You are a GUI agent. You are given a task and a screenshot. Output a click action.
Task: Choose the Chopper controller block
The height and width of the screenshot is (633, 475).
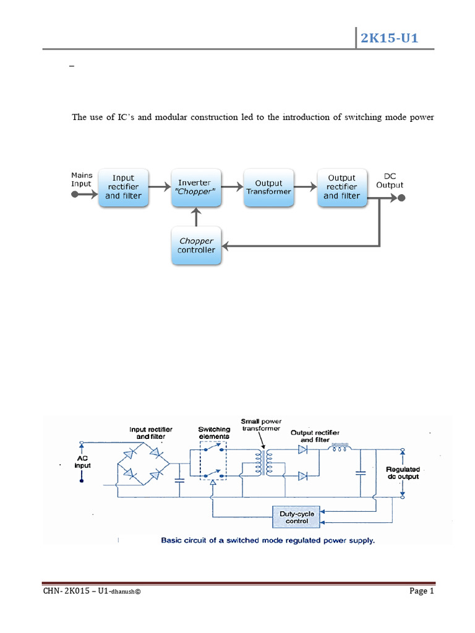point(196,245)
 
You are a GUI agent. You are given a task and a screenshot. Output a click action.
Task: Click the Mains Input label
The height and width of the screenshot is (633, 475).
point(82,179)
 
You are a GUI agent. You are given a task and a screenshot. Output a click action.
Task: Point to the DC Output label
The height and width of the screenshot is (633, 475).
point(390,181)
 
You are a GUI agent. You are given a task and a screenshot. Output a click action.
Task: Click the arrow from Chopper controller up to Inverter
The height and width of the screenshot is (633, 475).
point(196,217)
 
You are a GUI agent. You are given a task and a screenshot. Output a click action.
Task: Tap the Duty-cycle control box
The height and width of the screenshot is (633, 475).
point(297,518)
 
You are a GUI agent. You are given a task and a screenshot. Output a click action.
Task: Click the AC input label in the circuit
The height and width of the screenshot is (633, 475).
point(82,462)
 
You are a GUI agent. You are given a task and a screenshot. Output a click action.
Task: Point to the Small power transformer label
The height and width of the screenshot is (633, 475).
point(261,425)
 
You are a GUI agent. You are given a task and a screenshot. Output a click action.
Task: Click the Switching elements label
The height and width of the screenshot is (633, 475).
point(214,433)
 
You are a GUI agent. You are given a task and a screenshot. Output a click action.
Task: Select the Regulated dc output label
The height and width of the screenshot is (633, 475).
point(403,473)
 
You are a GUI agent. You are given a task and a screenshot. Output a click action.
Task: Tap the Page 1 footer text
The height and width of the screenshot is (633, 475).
point(422,591)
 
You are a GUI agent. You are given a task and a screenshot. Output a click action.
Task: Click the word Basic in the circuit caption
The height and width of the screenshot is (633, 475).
point(171,540)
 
